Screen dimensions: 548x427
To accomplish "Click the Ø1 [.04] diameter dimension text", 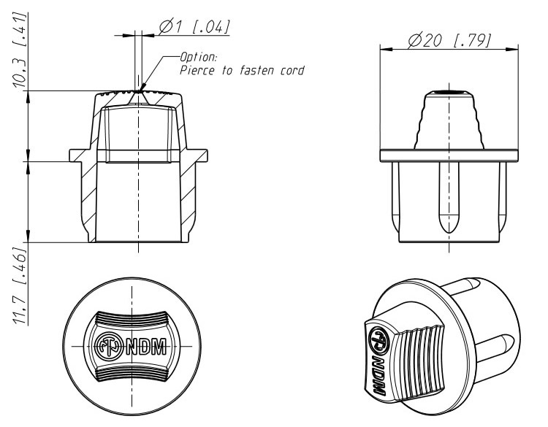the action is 194,27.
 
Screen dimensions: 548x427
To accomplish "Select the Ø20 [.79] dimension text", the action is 449,40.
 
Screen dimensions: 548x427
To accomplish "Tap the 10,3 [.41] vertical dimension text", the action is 20,50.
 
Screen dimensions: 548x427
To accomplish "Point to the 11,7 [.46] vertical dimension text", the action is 20,285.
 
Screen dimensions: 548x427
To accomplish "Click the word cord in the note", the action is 292,71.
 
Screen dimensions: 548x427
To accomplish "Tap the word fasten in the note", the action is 257,70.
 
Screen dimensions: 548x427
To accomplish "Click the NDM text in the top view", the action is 146,347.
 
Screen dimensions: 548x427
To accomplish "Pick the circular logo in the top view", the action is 108,347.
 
